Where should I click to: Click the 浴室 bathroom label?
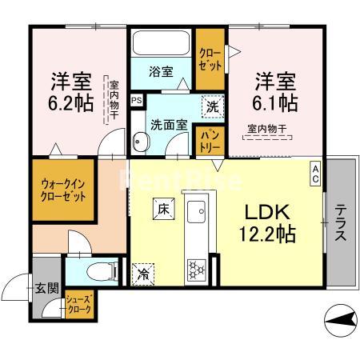[x=161, y=71]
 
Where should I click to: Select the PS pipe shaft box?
[x=137, y=101]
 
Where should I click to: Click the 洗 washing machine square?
[x=213, y=106]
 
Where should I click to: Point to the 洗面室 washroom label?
[x=170, y=124]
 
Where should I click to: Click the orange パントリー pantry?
[x=210, y=140]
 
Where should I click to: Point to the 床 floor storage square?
[x=162, y=210]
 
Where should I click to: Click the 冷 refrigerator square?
[x=144, y=273]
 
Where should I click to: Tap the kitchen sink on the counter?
[x=197, y=214]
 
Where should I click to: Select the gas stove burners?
[x=196, y=270]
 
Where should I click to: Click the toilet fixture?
[x=101, y=270]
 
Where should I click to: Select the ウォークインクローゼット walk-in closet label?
[x=62, y=191]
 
